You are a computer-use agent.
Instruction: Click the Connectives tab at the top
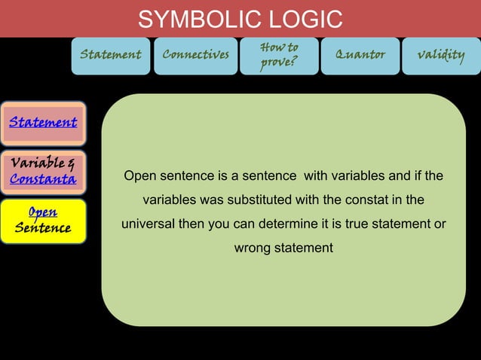point(195,56)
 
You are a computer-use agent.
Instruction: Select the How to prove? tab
point(278,56)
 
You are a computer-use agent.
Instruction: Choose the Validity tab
point(441,56)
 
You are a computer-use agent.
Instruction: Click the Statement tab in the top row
point(111,56)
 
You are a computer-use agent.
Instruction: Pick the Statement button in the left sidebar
point(43,123)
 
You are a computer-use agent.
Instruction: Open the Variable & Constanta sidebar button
point(43,171)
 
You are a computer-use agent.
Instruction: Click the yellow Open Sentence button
point(43,220)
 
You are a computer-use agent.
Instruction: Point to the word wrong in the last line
point(251,248)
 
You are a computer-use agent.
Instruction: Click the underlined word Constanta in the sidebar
point(43,179)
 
